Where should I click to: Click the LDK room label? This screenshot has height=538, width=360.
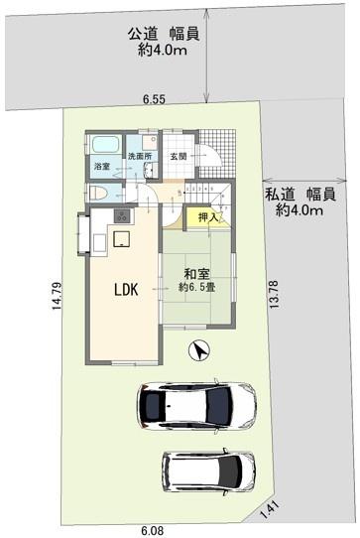coord(126,290)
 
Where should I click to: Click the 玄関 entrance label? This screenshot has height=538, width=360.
coord(179,157)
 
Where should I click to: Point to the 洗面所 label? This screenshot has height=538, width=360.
coord(140,156)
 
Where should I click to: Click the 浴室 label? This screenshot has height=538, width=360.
coord(102,167)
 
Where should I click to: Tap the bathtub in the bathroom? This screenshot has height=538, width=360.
coord(105,145)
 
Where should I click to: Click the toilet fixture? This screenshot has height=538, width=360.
coord(97,194)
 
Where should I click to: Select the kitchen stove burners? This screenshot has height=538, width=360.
coord(122,215)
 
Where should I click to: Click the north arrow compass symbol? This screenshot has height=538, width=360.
coord(199,350)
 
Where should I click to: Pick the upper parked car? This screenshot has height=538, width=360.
coord(196,405)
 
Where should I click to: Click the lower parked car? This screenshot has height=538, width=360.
coord(209,471)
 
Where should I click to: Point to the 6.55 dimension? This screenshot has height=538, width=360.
coord(154,99)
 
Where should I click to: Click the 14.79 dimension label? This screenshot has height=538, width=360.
coord(57,296)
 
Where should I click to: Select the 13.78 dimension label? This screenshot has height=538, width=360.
coord(274,295)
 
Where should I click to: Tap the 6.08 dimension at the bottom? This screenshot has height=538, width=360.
coord(152,530)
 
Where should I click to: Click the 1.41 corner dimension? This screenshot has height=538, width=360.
coord(271,510)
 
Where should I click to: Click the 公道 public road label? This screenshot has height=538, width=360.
coord(143,34)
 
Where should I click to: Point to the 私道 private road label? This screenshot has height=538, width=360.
coord(280,195)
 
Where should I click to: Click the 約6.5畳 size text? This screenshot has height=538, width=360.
coord(196,287)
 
